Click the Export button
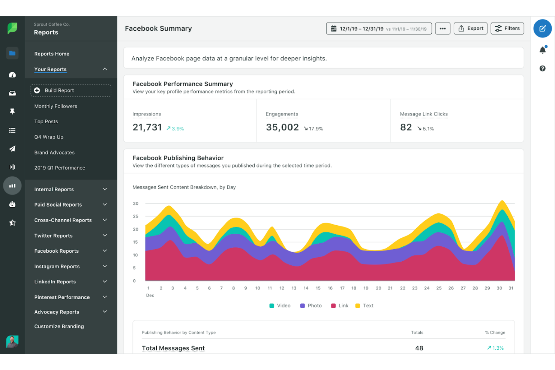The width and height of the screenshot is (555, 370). point(471,28)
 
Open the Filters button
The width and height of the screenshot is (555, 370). point(507,28)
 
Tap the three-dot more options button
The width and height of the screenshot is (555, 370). point(442,28)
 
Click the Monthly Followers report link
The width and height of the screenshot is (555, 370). point(55,106)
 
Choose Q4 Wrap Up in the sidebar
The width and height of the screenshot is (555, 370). point(49,137)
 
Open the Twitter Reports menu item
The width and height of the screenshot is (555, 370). point(53,235)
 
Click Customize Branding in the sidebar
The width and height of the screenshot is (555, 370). point(59,326)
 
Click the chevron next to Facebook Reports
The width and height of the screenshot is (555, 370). point(105,250)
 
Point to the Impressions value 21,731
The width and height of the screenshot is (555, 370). point(147,127)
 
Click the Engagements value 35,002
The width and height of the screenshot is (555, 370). point(282,127)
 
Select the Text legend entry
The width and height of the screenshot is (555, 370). point(364,306)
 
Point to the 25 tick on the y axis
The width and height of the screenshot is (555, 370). point(135,216)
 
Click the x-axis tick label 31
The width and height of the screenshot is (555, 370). point(511,288)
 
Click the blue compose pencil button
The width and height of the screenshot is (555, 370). point(542,28)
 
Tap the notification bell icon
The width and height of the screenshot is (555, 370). point(542,50)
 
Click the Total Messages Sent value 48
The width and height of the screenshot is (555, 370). point(419,348)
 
